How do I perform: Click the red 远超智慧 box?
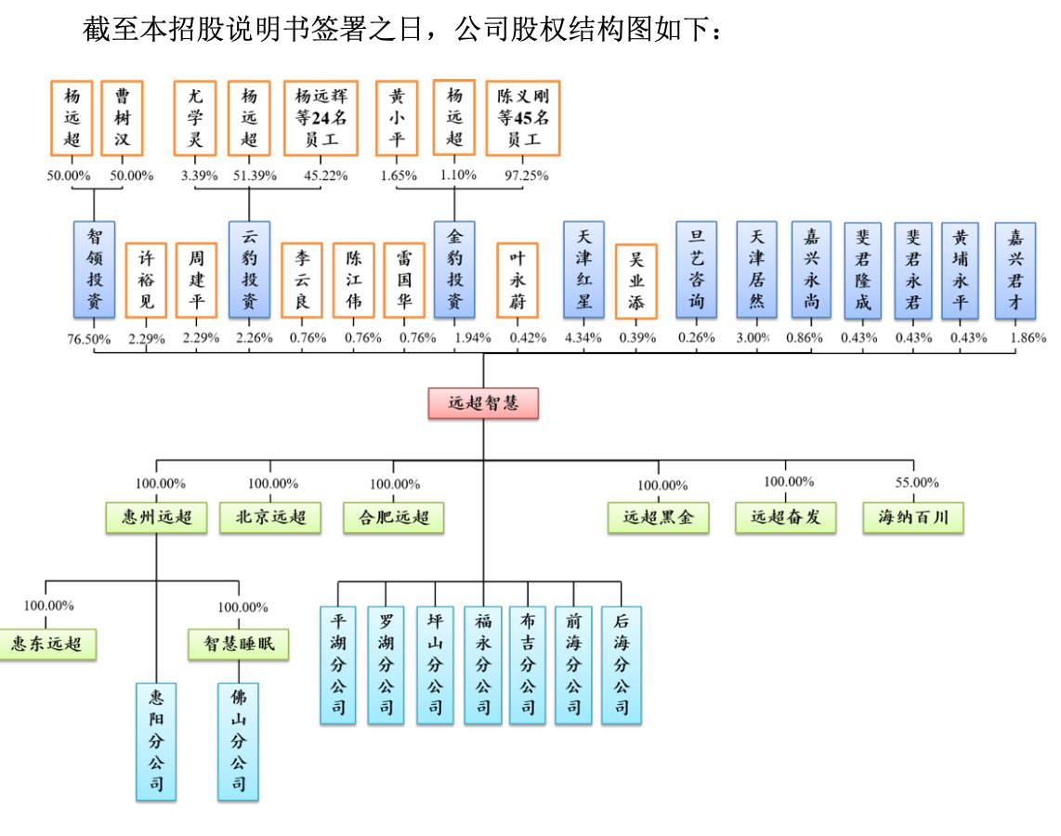click(482, 403)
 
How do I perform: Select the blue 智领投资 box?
click(95, 269)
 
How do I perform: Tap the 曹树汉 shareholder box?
click(123, 117)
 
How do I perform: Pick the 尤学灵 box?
click(195, 117)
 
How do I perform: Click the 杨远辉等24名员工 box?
click(320, 117)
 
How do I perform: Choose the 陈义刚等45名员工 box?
click(523, 117)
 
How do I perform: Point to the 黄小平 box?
click(397, 117)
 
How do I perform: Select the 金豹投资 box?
click(454, 269)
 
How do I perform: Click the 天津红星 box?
click(583, 269)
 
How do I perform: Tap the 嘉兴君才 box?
click(1015, 269)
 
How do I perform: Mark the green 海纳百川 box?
click(913, 517)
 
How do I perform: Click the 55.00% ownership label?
click(916, 482)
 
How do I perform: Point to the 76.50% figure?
click(88, 338)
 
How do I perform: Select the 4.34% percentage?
click(583, 338)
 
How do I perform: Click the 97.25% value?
click(526, 175)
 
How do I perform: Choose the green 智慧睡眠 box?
click(239, 644)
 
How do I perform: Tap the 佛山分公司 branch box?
click(239, 741)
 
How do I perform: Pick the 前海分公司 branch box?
click(573, 664)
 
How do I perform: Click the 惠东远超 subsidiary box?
click(46, 643)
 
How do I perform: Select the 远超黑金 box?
click(659, 517)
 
